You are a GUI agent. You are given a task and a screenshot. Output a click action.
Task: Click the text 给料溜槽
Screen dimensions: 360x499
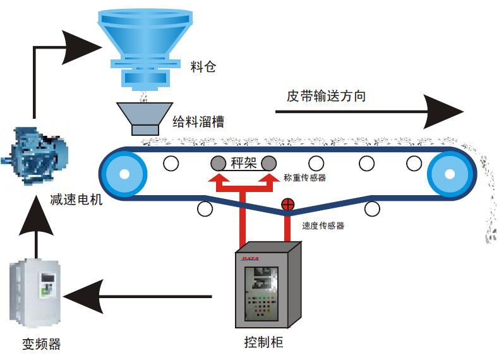click(x=198, y=121)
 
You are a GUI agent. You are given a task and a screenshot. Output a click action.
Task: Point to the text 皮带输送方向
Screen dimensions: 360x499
click(x=327, y=96)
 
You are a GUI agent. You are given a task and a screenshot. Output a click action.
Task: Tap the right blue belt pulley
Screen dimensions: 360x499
click(x=450, y=173)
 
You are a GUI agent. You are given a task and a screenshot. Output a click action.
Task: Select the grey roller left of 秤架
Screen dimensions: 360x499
click(x=219, y=164)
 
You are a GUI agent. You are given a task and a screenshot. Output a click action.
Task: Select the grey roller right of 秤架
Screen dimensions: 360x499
click(x=269, y=164)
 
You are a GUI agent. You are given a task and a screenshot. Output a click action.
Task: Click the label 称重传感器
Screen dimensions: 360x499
click(x=305, y=178)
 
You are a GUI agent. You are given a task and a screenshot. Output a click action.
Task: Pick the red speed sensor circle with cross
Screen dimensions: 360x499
click(x=288, y=204)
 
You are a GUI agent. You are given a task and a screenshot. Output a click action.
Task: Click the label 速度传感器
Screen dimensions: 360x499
click(x=323, y=225)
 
